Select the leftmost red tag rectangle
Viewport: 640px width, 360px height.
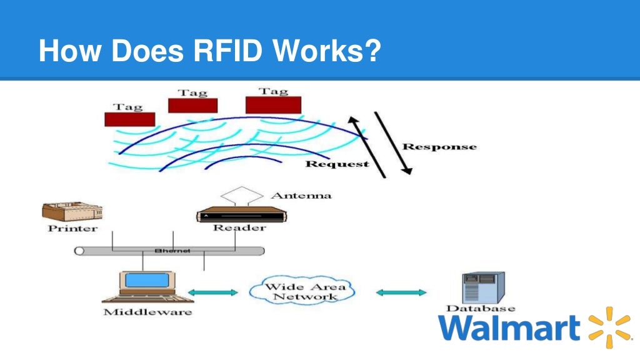[x=129, y=119]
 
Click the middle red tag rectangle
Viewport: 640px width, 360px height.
[x=192, y=106]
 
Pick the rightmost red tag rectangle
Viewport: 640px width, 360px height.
[x=273, y=104]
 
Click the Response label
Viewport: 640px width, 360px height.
[x=439, y=147]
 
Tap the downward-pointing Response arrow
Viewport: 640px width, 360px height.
[x=393, y=143]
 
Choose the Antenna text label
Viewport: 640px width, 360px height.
[x=301, y=196]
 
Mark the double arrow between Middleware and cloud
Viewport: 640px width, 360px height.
[x=213, y=292]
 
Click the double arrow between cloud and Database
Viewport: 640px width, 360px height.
[x=401, y=292]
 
